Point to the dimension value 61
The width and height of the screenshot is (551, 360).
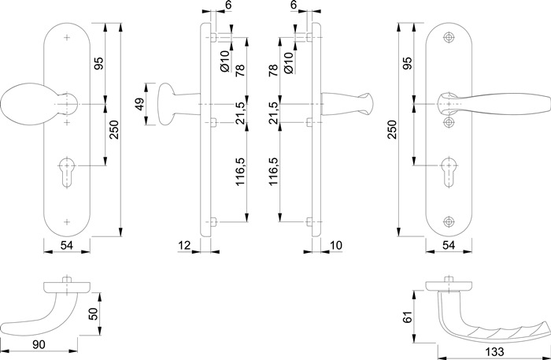tap(407, 317)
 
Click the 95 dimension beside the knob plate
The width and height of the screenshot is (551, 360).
tap(100, 63)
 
